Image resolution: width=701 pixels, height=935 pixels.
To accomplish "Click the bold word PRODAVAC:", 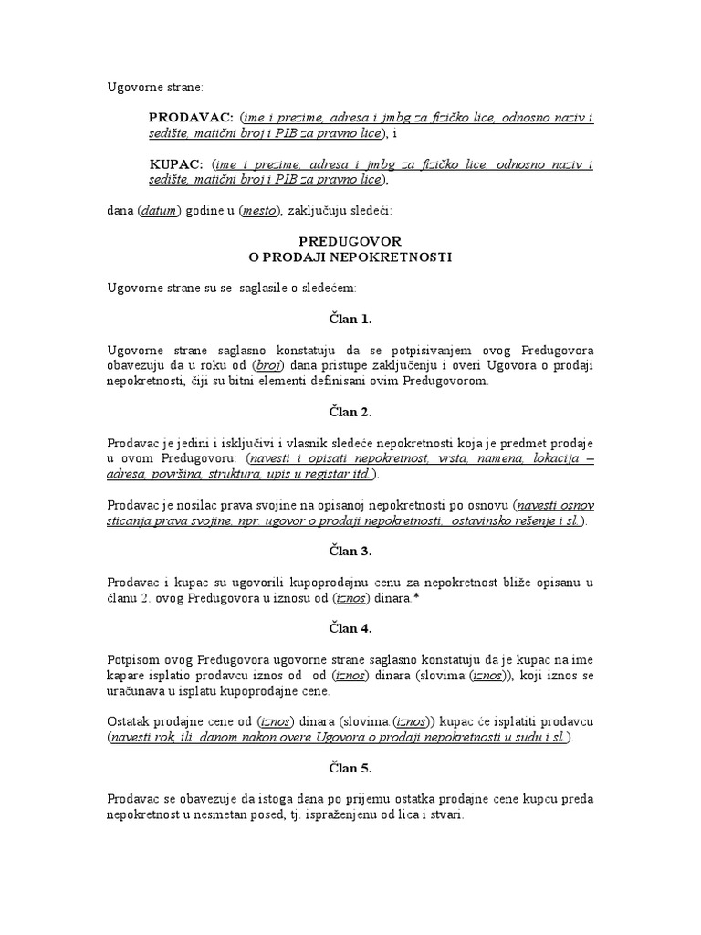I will click(x=191, y=119).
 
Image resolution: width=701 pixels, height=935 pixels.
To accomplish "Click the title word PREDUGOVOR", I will click(x=350, y=241).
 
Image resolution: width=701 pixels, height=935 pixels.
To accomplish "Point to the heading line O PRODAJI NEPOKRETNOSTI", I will click(x=350, y=257).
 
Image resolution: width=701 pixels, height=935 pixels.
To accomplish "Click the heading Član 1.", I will click(x=350, y=319).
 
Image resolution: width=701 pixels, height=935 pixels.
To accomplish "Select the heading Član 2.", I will click(x=350, y=412).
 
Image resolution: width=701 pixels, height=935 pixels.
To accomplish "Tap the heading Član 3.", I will click(x=350, y=551).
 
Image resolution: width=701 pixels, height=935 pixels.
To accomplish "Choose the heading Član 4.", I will click(x=350, y=628).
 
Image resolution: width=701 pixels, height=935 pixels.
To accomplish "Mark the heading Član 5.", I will click(x=350, y=768).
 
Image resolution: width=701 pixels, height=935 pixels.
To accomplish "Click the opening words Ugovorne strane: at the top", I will click(x=156, y=87).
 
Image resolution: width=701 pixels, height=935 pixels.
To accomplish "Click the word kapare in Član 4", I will click(x=127, y=675).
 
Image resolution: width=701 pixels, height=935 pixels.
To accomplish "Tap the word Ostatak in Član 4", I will click(x=131, y=720).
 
